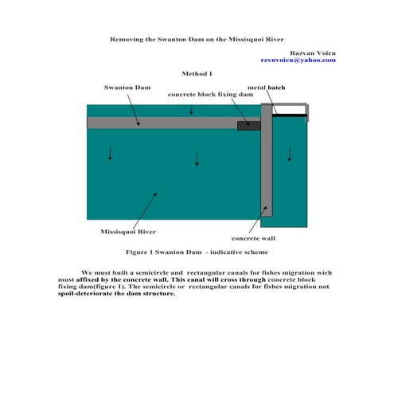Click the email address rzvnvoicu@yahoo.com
click(x=298, y=60)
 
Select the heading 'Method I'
click(x=197, y=73)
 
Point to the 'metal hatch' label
click(x=266, y=87)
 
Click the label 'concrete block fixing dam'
click(x=210, y=95)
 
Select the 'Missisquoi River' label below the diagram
click(x=128, y=232)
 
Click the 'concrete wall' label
click(x=253, y=237)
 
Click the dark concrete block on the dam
click(x=248, y=124)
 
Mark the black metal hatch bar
click(x=290, y=115)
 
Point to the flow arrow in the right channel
click(x=290, y=154)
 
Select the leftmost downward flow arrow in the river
click(x=110, y=153)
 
